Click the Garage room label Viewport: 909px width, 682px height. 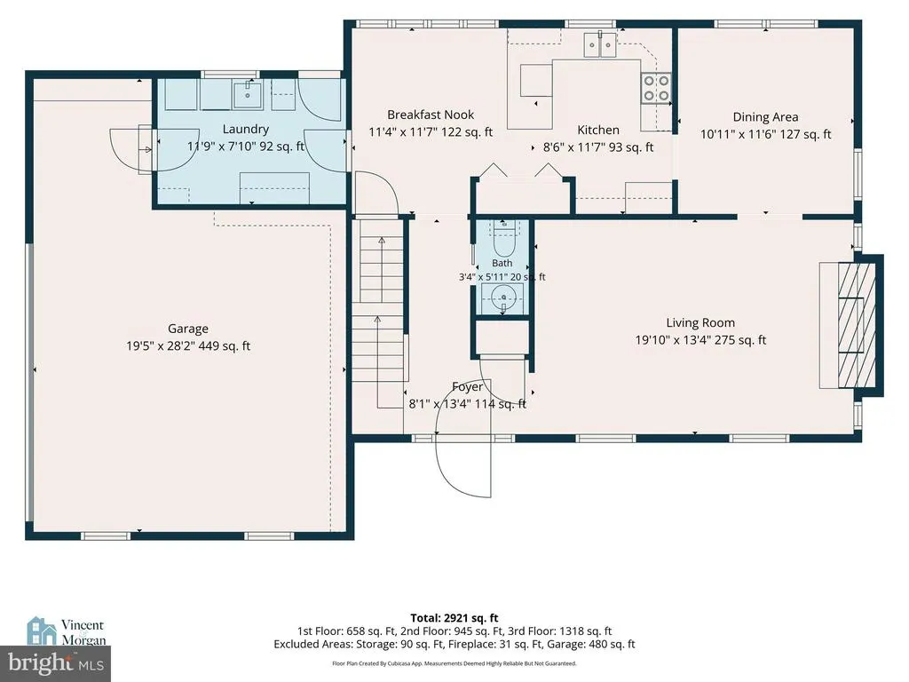pos(188,329)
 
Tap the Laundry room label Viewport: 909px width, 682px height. pos(246,130)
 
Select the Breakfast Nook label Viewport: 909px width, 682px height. pos(431,115)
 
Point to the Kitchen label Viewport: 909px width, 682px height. pos(598,130)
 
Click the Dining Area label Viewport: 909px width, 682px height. pos(765,117)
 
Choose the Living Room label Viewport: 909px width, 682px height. pos(700,323)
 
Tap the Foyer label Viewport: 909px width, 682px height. pos(467,387)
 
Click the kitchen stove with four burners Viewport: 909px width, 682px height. pos(656,88)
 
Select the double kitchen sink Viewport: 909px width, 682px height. pos(600,45)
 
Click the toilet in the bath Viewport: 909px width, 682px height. pos(503,240)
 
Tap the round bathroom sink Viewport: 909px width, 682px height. pos(503,298)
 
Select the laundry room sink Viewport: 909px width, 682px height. pos(248,94)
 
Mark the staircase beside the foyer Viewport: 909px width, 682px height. pos(378,325)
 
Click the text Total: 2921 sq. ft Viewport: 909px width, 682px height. pos(454,618)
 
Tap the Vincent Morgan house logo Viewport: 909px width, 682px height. pos(42,631)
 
